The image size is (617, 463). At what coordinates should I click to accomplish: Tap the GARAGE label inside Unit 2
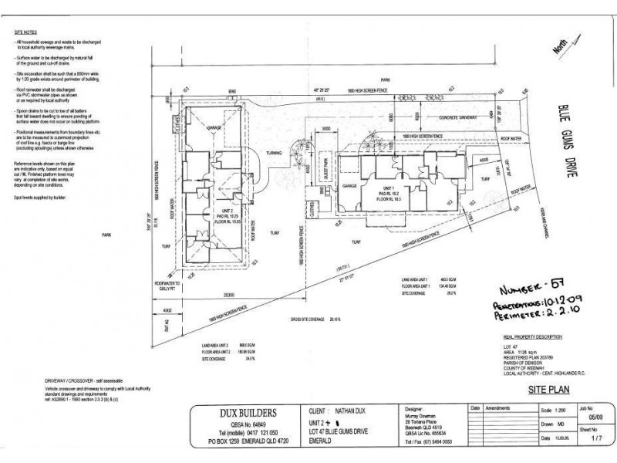(215, 128)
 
